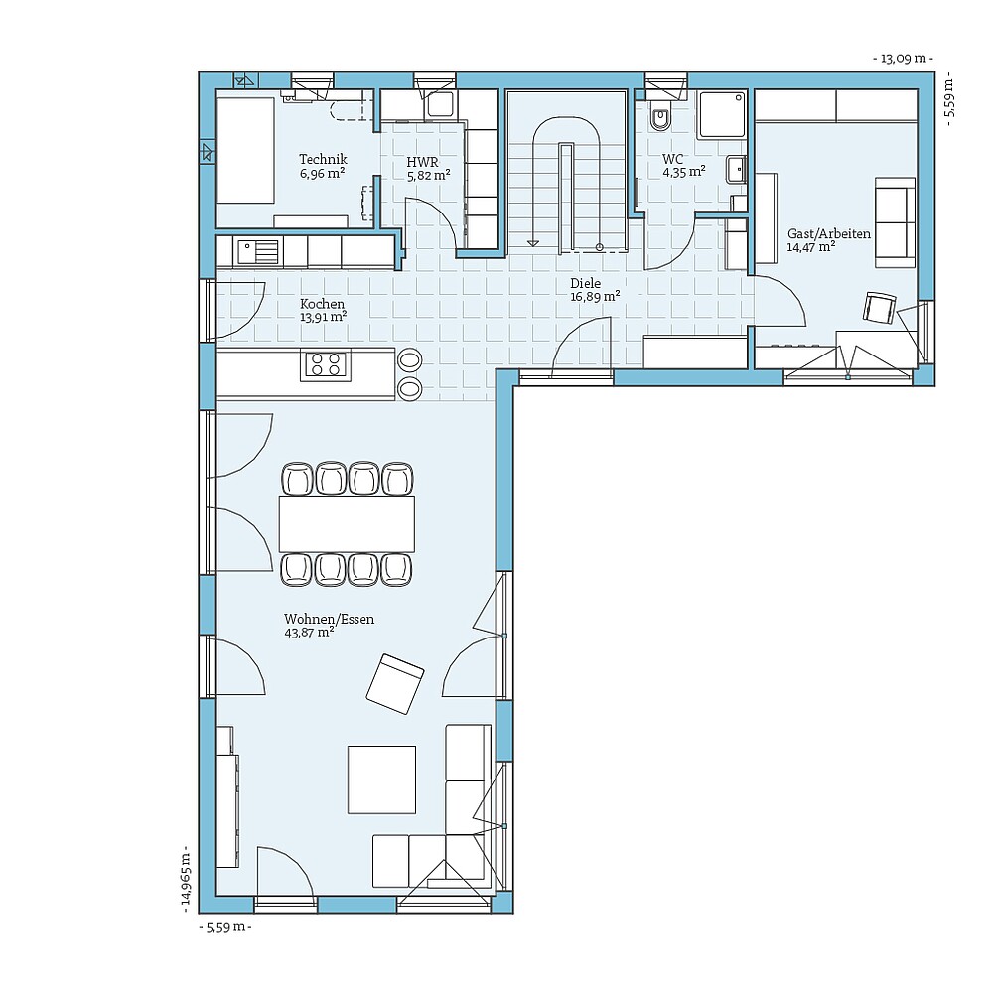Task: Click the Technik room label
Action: (x=323, y=159)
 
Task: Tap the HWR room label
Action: (x=422, y=161)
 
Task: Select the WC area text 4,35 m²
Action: (x=684, y=172)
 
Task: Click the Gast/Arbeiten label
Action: (x=828, y=234)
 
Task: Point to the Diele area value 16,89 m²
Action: (x=595, y=296)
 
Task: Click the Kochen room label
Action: (x=323, y=304)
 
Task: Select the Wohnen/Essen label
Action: (x=329, y=619)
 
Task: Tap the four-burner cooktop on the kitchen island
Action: (x=326, y=364)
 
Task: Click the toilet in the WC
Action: (x=660, y=119)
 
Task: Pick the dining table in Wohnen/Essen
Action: (x=347, y=523)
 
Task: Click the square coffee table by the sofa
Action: (x=381, y=780)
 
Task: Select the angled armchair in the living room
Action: (x=394, y=683)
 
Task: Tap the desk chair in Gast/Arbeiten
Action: (x=879, y=308)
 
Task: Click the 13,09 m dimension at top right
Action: (x=903, y=59)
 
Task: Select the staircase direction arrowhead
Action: (x=534, y=241)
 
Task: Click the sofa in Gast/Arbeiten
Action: (x=895, y=222)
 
